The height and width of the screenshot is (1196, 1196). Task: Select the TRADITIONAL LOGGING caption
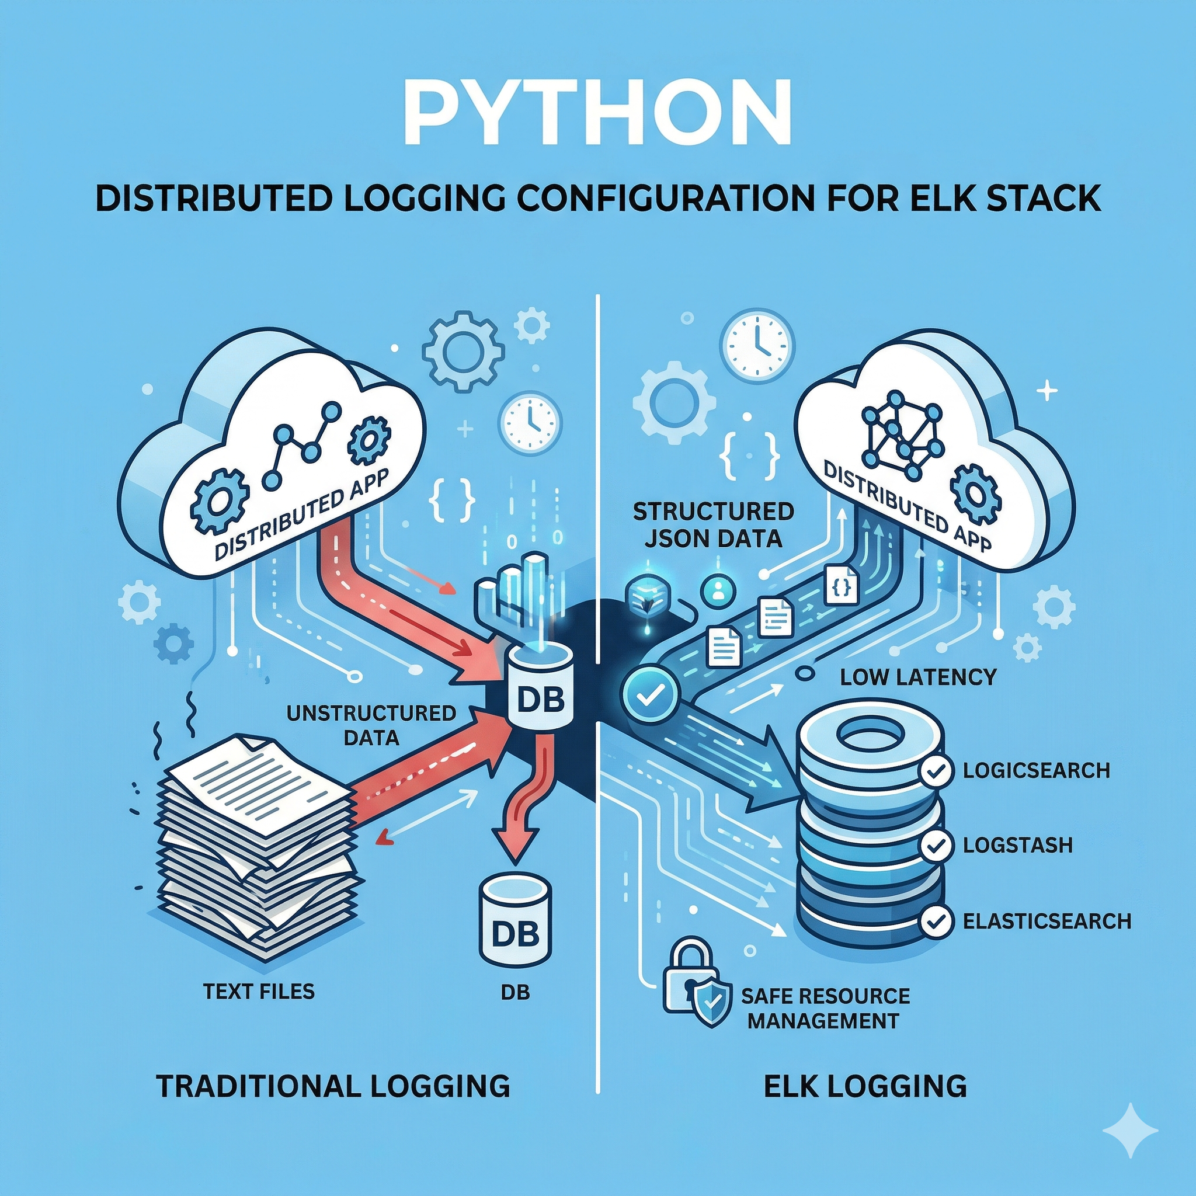(x=332, y=1086)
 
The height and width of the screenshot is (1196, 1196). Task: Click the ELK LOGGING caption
(x=865, y=1086)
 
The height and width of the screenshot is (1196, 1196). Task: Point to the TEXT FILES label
(x=259, y=992)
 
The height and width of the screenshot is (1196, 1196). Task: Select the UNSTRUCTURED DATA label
(x=371, y=725)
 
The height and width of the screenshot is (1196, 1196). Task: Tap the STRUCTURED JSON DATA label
(x=713, y=525)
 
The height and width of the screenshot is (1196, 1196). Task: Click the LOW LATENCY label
(x=918, y=677)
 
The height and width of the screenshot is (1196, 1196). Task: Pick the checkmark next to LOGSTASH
(x=937, y=846)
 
